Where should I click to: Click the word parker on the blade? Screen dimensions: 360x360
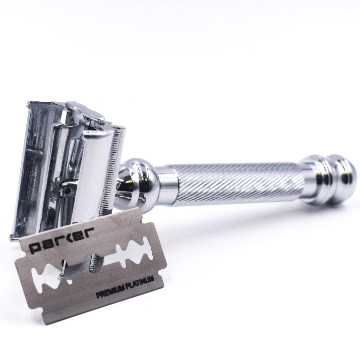point(62,240)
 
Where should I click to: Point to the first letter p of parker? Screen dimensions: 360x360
point(36,248)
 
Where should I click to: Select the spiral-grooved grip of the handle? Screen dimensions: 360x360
point(239,183)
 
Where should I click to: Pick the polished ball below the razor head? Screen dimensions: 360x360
point(136,183)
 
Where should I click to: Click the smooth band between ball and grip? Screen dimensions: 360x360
point(167,186)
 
